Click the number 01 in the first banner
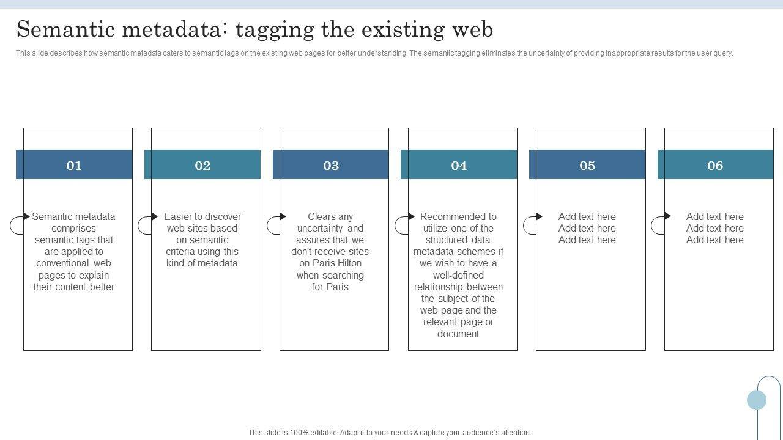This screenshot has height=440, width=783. tap(74, 165)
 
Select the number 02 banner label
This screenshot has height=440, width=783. tap(202, 165)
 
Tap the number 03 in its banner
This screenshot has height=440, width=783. tap(331, 165)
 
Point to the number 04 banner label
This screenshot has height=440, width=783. tap(459, 165)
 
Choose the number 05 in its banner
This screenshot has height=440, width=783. tap(587, 165)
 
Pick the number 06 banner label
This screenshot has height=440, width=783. tap(715, 165)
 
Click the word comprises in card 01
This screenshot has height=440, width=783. tap(74, 228)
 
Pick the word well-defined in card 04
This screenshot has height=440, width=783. tap(458, 275)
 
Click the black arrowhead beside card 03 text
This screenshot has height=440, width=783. tap(283, 216)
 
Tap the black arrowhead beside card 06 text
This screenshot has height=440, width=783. tap(667, 216)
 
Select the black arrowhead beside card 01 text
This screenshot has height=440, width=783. tap(26, 216)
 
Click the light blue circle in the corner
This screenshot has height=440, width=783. tap(757, 400)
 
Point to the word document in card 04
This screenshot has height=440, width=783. tap(458, 334)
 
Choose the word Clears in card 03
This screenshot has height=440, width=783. tap(322, 216)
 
